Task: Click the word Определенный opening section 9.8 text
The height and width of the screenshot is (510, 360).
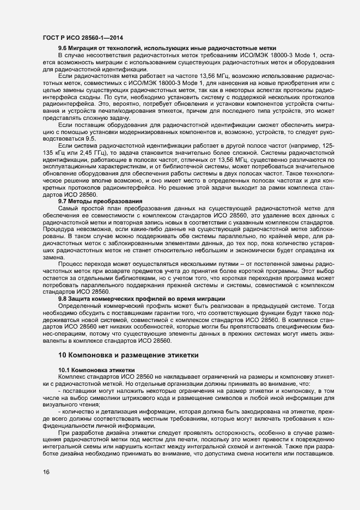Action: [x=80, y=305]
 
